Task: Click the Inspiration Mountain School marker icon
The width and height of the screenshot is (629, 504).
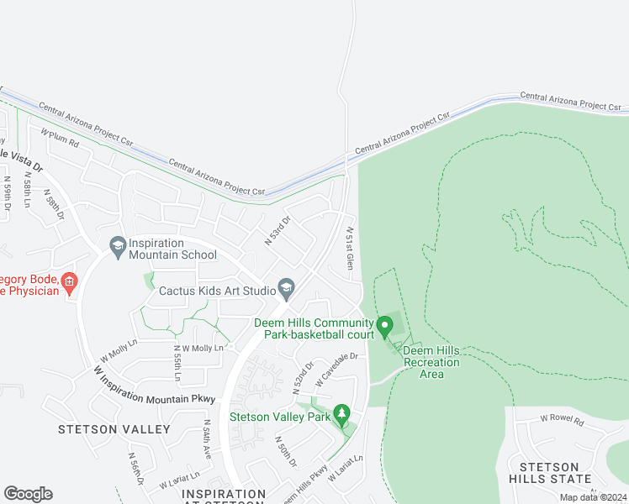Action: click(x=118, y=245)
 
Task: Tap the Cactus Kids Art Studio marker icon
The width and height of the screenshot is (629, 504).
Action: click(x=287, y=290)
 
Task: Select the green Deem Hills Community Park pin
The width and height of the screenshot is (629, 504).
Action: click(x=385, y=324)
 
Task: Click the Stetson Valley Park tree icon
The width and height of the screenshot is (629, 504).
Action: click(x=341, y=414)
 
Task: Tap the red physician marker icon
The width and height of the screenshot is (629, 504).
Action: click(x=70, y=284)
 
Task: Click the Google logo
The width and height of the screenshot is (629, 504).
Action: click(x=28, y=494)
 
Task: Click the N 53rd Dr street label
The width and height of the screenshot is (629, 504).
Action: click(x=277, y=231)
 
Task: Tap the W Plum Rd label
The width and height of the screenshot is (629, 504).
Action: click(x=60, y=138)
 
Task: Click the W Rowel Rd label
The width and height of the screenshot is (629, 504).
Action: click(x=561, y=417)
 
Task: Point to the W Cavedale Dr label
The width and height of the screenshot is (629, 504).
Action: click(x=336, y=370)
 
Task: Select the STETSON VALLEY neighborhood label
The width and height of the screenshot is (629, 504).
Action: click(x=114, y=429)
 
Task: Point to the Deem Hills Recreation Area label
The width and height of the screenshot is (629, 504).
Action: click(x=431, y=362)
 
